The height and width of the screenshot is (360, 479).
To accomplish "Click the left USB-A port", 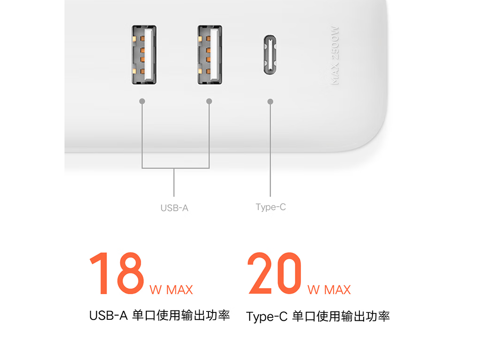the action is pyautogui.click(x=144, y=55).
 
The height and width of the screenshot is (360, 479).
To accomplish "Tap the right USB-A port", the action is pyautogui.click(x=210, y=55).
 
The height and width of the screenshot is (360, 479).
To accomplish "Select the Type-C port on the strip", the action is pyautogui.click(x=270, y=55).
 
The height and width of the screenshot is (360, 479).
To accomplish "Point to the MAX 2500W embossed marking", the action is pyautogui.click(x=335, y=55).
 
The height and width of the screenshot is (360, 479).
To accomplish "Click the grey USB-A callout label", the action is pyautogui.click(x=174, y=208).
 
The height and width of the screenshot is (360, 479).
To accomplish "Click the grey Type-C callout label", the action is pyautogui.click(x=271, y=207).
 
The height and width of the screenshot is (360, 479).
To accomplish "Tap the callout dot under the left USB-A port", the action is pyautogui.click(x=142, y=101).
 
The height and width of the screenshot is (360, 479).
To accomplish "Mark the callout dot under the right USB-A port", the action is pyautogui.click(x=209, y=101).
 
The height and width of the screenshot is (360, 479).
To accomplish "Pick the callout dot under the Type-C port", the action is pyautogui.click(x=271, y=101).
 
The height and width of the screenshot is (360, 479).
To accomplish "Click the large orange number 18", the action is pyautogui.click(x=117, y=273).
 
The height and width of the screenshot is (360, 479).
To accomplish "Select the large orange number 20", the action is pyautogui.click(x=274, y=273).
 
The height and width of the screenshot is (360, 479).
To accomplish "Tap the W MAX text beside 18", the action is pyautogui.click(x=171, y=290).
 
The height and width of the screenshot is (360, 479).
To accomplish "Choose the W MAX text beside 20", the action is pyautogui.click(x=329, y=290).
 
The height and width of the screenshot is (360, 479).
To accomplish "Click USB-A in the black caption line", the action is pyautogui.click(x=108, y=316).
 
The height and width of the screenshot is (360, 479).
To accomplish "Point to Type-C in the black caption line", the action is pyautogui.click(x=267, y=317).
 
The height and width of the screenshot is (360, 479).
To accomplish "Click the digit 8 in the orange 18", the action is pyautogui.click(x=131, y=273).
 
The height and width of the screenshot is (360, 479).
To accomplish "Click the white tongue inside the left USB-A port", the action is pyautogui.click(x=149, y=55).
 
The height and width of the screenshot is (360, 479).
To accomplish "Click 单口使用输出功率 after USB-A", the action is pyautogui.click(x=181, y=316).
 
